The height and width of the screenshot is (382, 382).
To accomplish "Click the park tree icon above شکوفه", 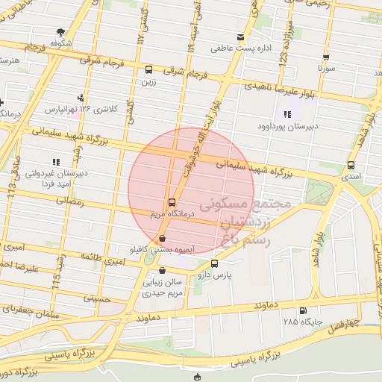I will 60,32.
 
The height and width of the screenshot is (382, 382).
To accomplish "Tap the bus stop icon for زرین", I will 149,70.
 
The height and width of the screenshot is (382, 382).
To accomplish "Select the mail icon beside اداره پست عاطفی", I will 239,37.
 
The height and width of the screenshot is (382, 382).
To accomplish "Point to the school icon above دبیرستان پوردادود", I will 287,114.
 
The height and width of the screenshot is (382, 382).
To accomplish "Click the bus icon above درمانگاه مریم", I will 172,201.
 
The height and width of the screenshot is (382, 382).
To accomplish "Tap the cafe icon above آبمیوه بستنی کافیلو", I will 163,239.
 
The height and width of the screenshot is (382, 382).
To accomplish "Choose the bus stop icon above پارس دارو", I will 215,263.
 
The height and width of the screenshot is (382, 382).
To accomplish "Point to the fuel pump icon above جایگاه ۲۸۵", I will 302,311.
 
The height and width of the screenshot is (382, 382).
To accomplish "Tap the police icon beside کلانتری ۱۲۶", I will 80,98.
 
